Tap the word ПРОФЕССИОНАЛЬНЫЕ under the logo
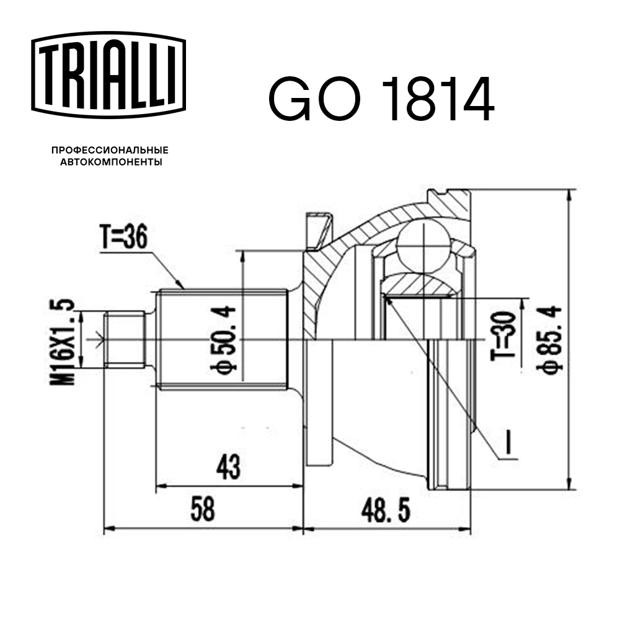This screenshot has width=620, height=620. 110,151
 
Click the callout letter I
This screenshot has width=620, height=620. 508,444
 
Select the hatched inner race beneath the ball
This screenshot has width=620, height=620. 421,285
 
